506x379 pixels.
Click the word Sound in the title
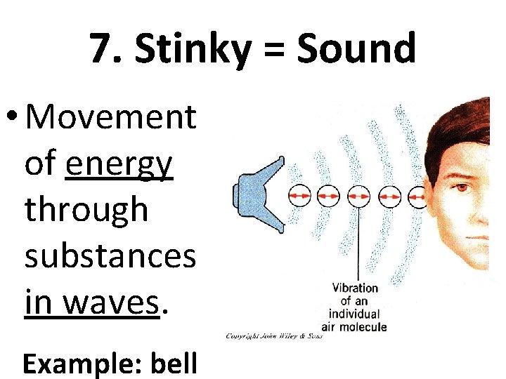point(356,48)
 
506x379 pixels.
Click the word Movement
point(110,117)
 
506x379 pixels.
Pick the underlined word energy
point(119,164)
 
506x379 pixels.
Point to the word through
point(86,210)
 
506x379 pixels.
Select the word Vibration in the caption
point(355,288)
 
